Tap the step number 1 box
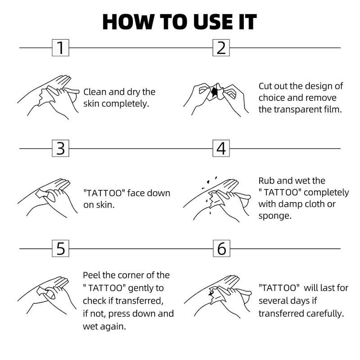pos(60,48)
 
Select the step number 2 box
pos(221,48)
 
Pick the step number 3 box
pos(60,148)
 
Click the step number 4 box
pos(221,148)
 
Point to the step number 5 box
pos(60,248)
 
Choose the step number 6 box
pos(221,248)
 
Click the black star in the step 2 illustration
pos(215,92)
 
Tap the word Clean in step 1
pos(95,92)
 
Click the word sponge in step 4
pos(275,216)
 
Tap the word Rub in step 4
pos(266,181)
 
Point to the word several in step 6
pos(272,301)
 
